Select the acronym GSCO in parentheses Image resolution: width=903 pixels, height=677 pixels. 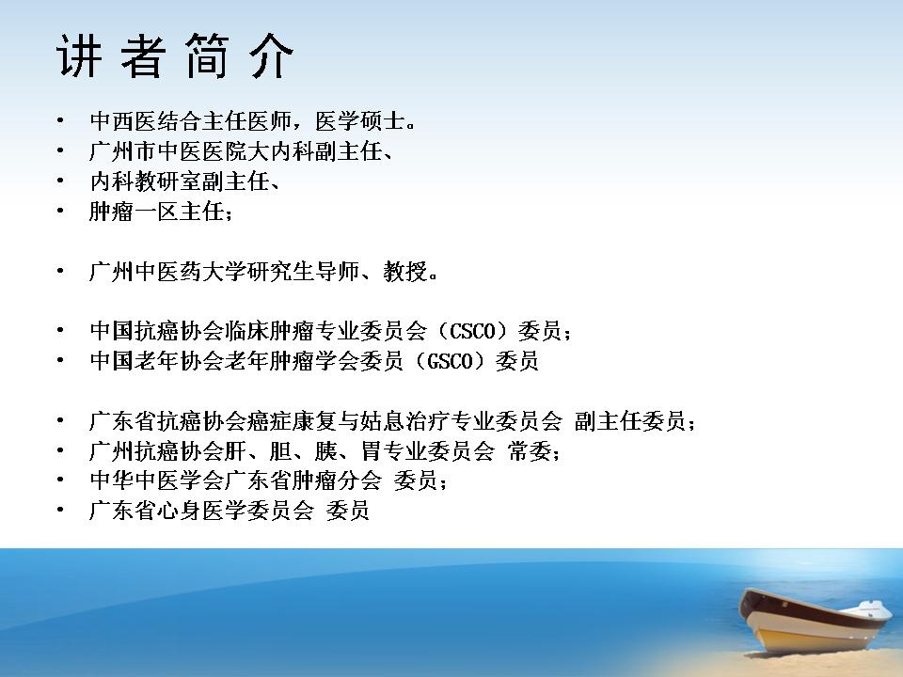[450, 361]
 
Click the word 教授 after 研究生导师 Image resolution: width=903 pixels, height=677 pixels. [405, 271]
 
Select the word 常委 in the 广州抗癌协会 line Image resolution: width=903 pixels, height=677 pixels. [530, 450]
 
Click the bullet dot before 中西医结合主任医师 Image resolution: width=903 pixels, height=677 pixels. [60, 121]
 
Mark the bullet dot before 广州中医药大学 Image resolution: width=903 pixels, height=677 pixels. [60, 271]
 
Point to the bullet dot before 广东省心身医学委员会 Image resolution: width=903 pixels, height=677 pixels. [60, 510]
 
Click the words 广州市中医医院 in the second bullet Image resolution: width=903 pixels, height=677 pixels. [168, 151]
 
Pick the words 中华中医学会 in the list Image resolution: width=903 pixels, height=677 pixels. [157, 480]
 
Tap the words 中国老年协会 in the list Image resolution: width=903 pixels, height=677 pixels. [157, 361]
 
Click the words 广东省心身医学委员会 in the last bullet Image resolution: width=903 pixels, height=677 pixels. [201, 510]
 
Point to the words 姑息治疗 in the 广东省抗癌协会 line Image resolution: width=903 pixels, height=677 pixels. [404, 421]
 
